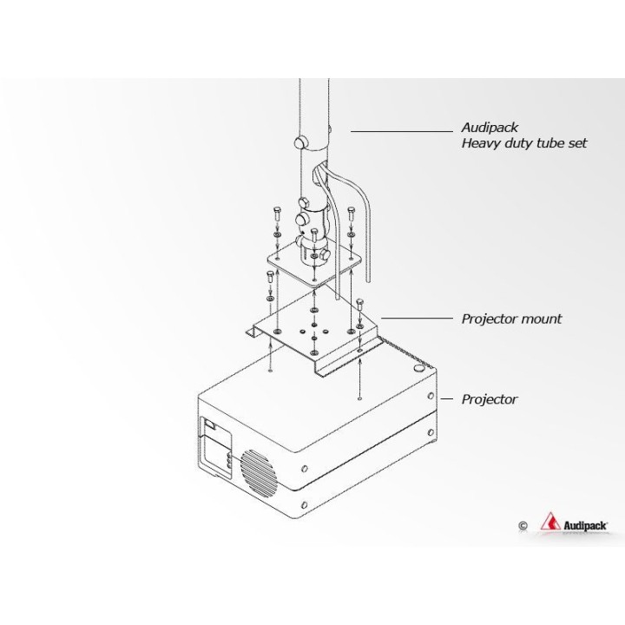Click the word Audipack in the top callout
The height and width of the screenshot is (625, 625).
click(x=490, y=128)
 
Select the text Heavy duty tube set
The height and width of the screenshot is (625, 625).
click(x=524, y=143)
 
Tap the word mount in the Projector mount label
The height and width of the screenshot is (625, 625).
click(x=542, y=319)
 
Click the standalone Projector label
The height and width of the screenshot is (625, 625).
click(x=490, y=399)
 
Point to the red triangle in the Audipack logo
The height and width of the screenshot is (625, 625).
click(x=550, y=522)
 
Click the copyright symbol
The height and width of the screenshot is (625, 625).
click(x=523, y=526)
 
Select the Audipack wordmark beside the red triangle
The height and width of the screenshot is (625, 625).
click(x=585, y=526)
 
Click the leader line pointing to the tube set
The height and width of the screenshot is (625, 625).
click(x=402, y=131)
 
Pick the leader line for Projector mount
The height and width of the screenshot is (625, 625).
click(x=418, y=318)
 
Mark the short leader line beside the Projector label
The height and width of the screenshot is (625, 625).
click(x=446, y=398)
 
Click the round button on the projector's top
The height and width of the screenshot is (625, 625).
click(x=418, y=368)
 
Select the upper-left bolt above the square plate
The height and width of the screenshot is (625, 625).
click(x=277, y=214)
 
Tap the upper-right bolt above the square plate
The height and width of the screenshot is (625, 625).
click(x=351, y=214)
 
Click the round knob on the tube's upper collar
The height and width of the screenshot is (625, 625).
click(x=300, y=141)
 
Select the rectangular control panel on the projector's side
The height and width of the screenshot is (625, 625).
click(x=218, y=446)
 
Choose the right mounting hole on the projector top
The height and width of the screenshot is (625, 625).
click(x=360, y=398)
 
